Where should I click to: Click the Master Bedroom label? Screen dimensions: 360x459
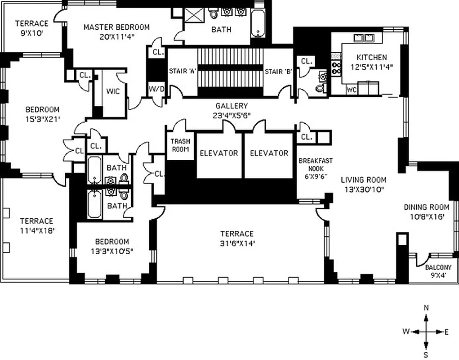tap(116, 27)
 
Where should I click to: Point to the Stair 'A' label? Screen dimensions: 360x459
tap(181, 72)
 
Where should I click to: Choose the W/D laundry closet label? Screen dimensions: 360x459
tap(156, 89)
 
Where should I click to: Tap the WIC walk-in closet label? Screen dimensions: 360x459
tap(113, 91)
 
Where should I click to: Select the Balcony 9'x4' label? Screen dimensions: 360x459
tap(438, 271)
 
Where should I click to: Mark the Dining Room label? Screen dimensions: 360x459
tap(426, 207)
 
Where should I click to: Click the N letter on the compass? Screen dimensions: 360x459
tap(426, 308)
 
